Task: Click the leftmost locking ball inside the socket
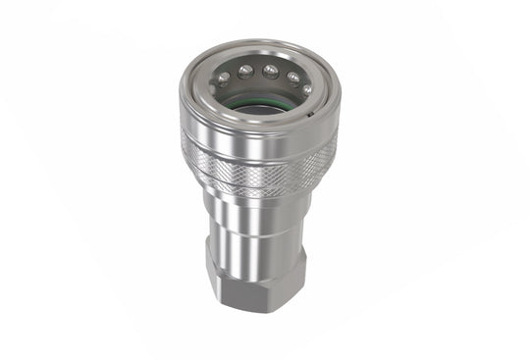(225, 78)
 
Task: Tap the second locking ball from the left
(245, 70)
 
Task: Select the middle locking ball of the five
(269, 69)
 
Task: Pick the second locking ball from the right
(291, 76)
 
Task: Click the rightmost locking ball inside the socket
(307, 88)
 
